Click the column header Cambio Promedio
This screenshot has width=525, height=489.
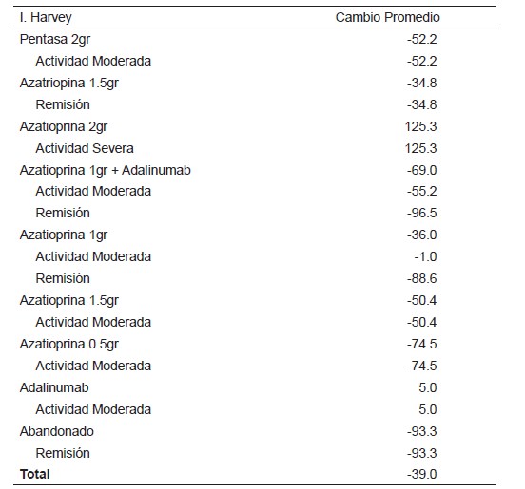387,17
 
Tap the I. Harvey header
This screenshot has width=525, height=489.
46,18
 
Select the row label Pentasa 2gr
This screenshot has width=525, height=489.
55,40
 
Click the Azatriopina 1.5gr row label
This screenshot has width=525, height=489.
69,84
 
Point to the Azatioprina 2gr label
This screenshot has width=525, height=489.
64,127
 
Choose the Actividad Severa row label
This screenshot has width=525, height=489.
85,148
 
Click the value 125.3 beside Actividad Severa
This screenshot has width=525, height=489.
421,148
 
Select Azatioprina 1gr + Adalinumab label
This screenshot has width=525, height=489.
106,171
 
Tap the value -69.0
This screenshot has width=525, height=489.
422,171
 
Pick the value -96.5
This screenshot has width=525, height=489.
422,213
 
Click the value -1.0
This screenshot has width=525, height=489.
425,256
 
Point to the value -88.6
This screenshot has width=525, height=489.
422,278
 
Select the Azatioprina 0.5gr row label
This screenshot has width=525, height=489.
69,345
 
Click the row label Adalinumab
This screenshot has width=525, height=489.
54,387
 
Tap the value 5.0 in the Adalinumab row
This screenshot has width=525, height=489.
428,387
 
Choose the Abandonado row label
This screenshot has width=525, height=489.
56,431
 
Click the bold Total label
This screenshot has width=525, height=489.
35,474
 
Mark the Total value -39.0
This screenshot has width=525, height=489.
422,474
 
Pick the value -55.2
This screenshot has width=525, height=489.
422,191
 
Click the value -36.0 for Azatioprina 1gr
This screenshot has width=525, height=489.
422,235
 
